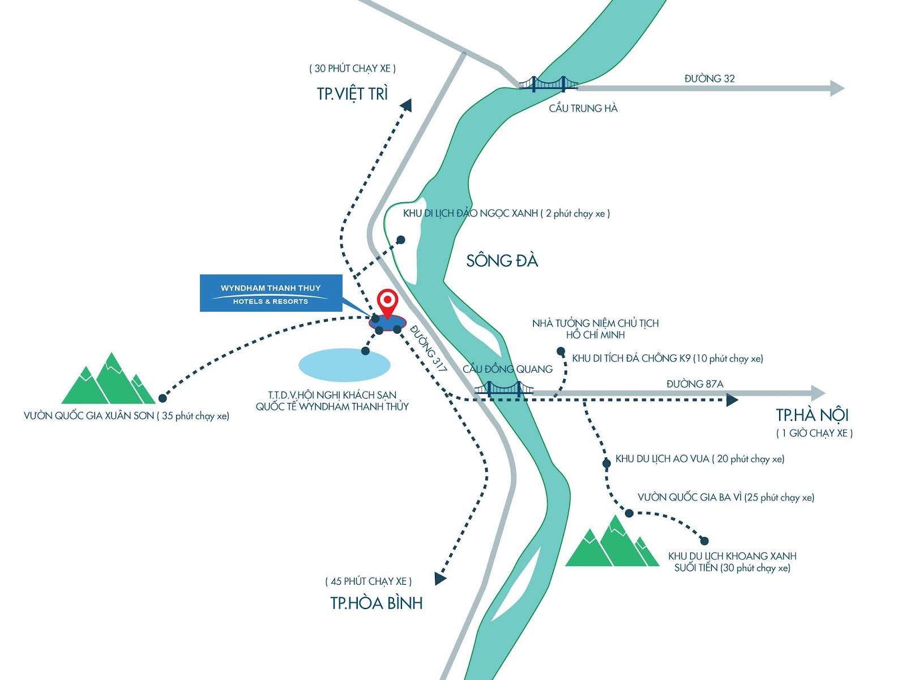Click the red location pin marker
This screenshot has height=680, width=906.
coord(387,302)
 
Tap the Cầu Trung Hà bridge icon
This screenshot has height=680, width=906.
coord(548,84)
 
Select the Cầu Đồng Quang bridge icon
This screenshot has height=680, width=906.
coord(503,389)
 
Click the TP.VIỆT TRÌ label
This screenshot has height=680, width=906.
coord(352,93)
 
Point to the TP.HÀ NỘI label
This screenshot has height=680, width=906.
coord(812,415)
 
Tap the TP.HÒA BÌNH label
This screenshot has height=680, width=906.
coord(377,603)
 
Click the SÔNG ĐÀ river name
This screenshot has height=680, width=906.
coord(502,261)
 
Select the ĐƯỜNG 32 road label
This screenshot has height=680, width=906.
coord(710,79)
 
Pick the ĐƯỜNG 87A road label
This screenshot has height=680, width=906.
coord(695,384)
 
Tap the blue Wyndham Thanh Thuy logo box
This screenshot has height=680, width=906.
coord(271,293)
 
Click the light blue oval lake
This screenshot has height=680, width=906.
coord(344,364)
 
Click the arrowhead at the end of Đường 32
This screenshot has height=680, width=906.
coord(836,88)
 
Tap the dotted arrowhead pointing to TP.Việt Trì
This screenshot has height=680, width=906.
coord(406,105)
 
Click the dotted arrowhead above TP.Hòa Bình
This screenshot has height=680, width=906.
coord(440,578)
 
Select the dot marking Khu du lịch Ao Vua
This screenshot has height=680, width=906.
coord(606,464)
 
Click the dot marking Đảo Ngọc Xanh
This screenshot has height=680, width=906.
coord(401,240)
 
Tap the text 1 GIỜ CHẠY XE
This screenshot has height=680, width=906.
coord(814,433)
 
